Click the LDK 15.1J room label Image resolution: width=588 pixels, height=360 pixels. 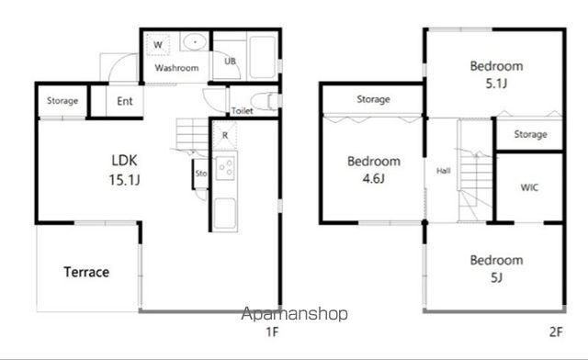tap(125, 170)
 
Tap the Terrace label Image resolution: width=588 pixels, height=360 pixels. tap(86, 272)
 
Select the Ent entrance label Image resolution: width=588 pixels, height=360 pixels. tap(125, 101)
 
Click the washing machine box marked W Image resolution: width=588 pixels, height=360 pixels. tap(158, 45)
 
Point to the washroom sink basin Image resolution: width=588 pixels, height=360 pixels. tap(195, 41)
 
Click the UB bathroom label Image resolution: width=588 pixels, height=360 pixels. tap(230, 61)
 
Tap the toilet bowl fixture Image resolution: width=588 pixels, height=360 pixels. tap(265, 101)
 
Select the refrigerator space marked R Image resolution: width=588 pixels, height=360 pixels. tap(224, 135)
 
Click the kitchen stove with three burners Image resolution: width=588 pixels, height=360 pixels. tap(225, 168)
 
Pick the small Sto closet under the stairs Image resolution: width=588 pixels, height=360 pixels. tap(200, 174)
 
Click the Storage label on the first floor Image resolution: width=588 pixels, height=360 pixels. tap(62, 100)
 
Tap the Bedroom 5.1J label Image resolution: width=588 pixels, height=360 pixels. tap(496, 74)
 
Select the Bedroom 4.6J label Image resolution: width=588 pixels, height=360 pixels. tap(374, 170)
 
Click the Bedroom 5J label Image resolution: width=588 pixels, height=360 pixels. tap(496, 268)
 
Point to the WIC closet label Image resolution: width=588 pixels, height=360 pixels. tap(529, 187)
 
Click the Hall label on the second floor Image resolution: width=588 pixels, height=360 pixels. tap(443, 171)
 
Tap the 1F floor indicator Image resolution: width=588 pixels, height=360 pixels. tap(272, 332)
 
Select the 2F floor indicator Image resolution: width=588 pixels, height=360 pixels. tap(556, 332)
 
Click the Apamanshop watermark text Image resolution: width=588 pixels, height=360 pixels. tap(294, 314)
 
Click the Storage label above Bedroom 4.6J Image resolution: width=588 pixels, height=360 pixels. tap(373, 99)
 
